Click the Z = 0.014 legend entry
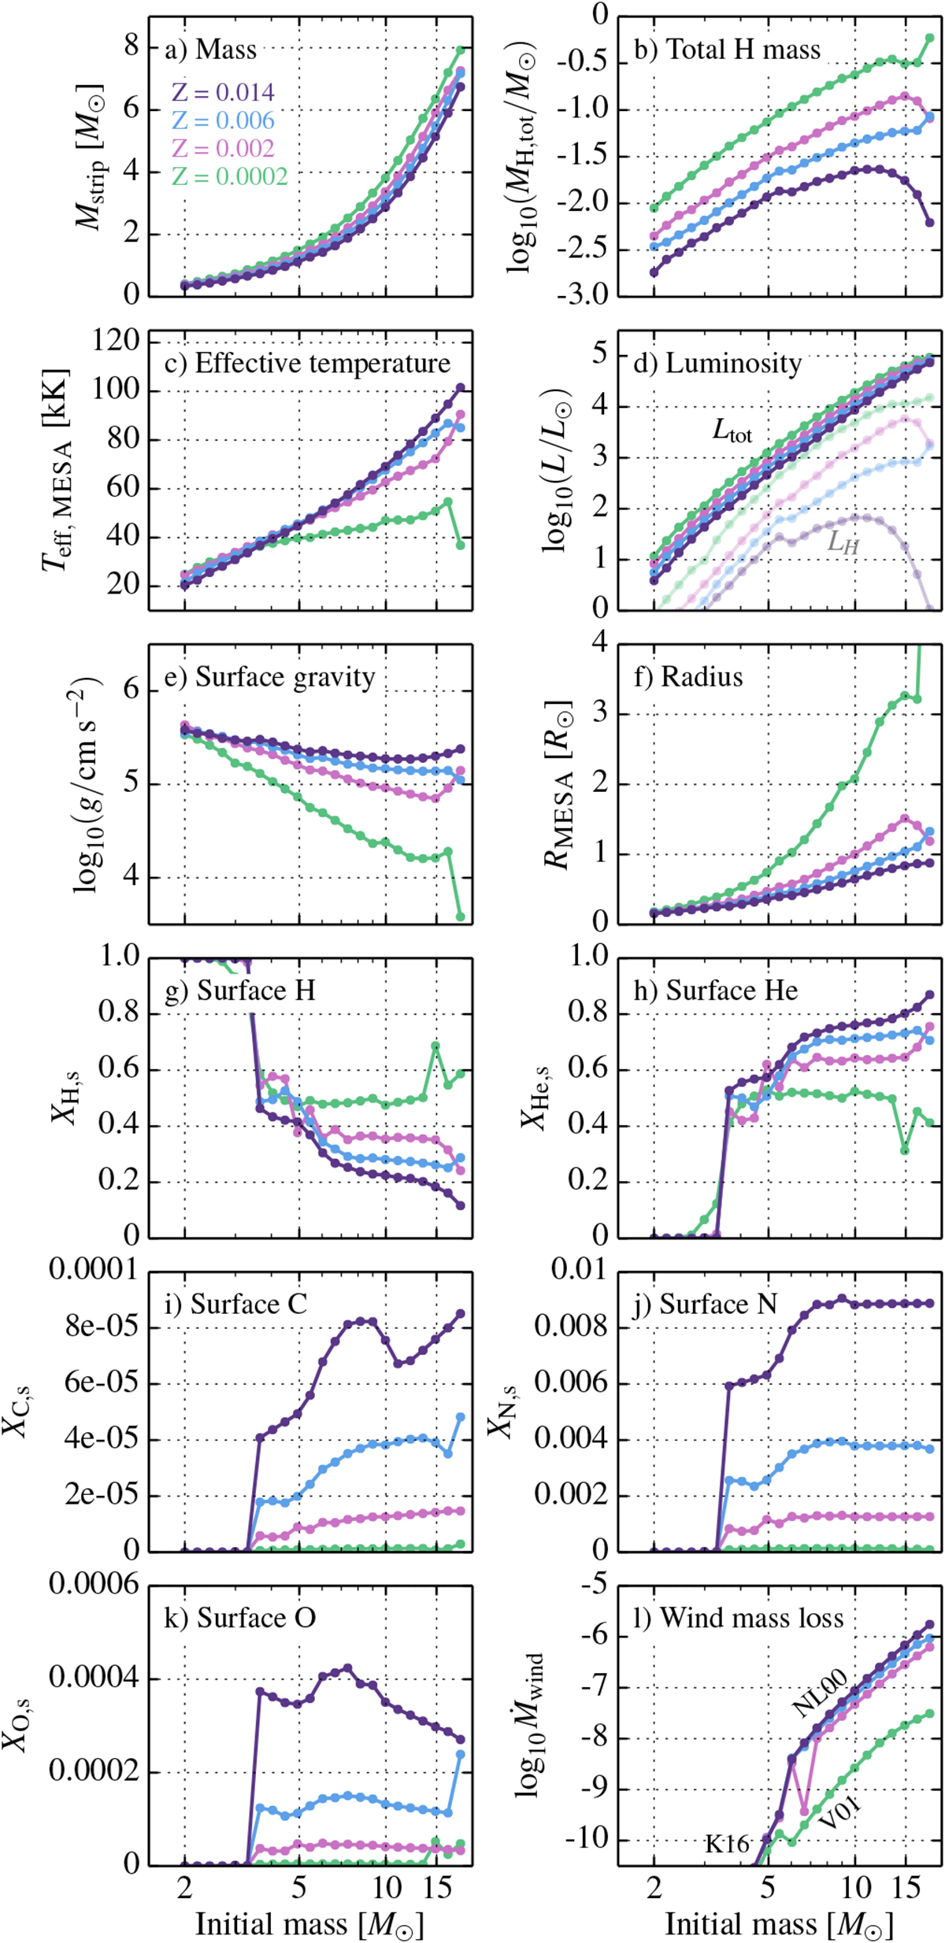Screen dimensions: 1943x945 click(223, 93)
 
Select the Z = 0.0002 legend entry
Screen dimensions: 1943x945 click(230, 176)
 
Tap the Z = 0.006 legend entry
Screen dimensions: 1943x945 click(223, 120)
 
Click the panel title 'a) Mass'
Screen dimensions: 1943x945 click(210, 50)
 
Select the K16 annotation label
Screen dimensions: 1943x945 click(727, 1844)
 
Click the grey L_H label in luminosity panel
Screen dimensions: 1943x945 click(842, 543)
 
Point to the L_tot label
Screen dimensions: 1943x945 click(732, 431)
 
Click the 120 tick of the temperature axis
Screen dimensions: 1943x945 click(116, 340)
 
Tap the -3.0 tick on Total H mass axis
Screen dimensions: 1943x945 click(582, 295)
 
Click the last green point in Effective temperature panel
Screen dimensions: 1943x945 click(461, 545)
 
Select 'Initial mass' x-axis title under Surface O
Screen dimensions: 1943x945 click(309, 1919)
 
